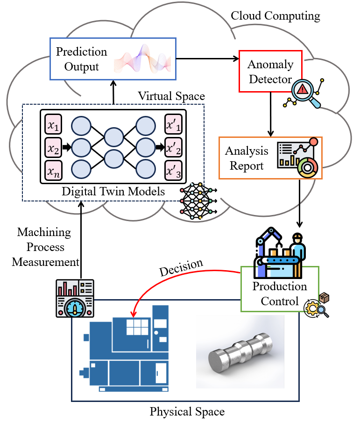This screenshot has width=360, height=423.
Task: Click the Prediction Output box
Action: (82, 58)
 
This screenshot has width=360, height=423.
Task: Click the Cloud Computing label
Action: (275, 16)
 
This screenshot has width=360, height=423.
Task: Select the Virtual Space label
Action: (171, 96)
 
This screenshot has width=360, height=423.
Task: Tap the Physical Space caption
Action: (187, 412)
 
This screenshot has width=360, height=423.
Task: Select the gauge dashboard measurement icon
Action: (75, 297)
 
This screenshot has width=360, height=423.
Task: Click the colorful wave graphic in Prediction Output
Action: (145, 58)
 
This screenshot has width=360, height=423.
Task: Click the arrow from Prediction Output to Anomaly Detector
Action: (207, 58)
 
